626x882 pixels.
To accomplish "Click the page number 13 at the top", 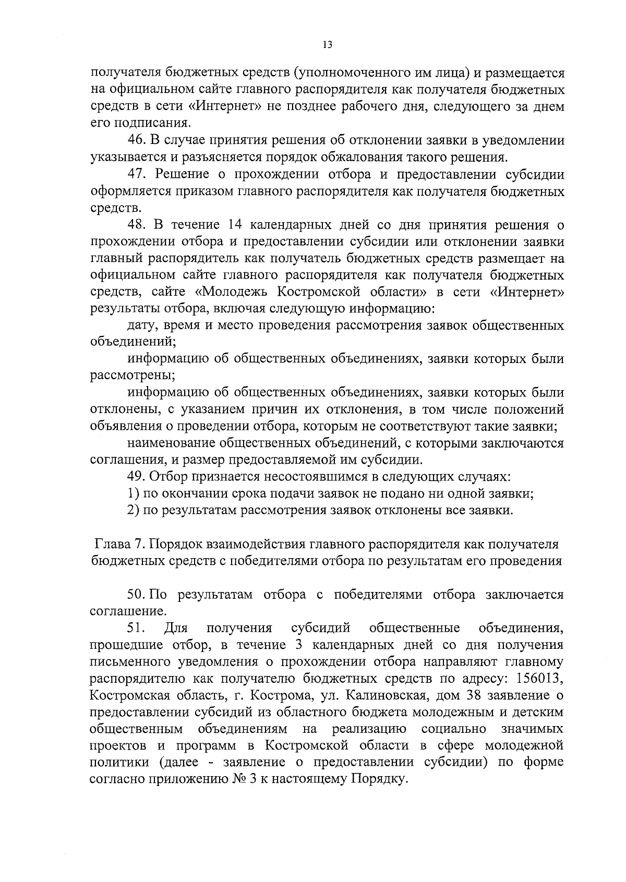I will pyautogui.click(x=327, y=45).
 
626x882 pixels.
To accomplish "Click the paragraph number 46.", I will pyautogui.click(x=137, y=140).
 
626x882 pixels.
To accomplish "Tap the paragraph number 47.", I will pyautogui.click(x=137, y=174).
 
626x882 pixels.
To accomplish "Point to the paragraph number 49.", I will pyautogui.click(x=137, y=477).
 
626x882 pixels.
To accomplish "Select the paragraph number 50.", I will pyautogui.click(x=137, y=595).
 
